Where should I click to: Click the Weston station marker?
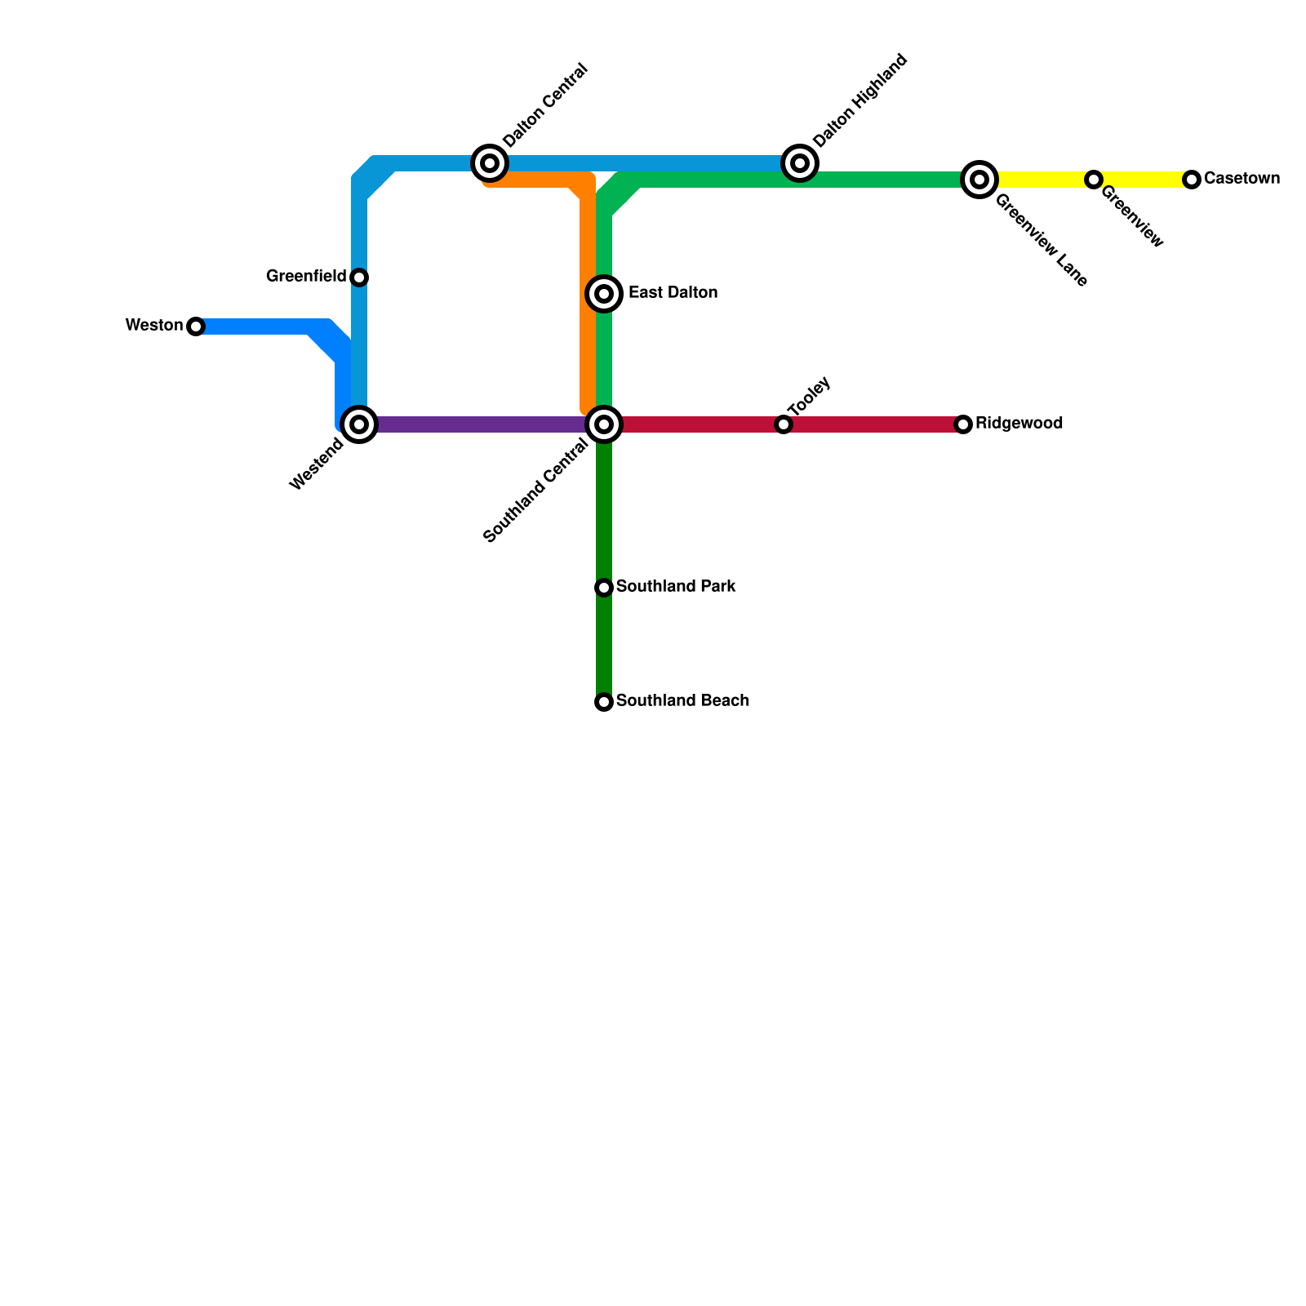click(x=196, y=326)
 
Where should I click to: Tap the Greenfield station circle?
click(x=359, y=278)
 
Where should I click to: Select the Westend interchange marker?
click(x=359, y=424)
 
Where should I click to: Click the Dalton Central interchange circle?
click(x=490, y=163)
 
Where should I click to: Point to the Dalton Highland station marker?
click(x=800, y=163)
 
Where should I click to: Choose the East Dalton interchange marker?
click(x=604, y=294)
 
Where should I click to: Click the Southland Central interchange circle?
click(x=604, y=424)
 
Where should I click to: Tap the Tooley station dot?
click(x=784, y=424)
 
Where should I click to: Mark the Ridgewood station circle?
click(x=963, y=424)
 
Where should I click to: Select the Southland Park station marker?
click(x=604, y=588)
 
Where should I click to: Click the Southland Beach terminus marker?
click(x=604, y=702)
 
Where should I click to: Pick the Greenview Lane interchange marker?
click(x=979, y=180)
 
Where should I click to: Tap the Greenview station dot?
click(x=1094, y=180)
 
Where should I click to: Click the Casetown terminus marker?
click(x=1192, y=180)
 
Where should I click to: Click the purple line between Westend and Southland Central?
click(x=482, y=424)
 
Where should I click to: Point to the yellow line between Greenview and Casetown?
click(x=1143, y=180)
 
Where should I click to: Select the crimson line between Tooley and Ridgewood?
click(x=873, y=424)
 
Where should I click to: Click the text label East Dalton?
click(x=673, y=293)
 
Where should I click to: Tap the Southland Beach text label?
click(x=682, y=701)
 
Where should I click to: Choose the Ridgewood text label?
click(x=1019, y=424)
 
